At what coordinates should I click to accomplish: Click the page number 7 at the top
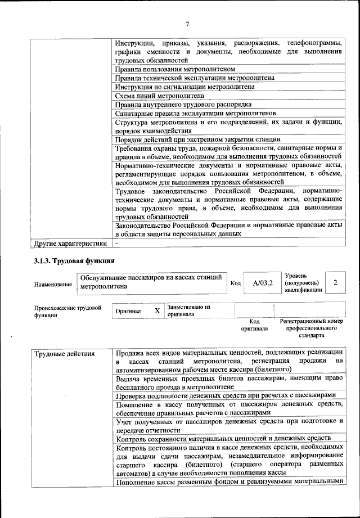[187, 23]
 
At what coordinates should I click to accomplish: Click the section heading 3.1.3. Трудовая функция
[74, 261]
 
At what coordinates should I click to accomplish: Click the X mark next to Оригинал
[157, 310]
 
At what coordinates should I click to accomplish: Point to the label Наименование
[53, 285]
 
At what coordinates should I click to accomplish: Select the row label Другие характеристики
[70, 244]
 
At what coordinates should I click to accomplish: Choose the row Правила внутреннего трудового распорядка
[183, 105]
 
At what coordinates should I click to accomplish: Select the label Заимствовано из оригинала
[188, 310]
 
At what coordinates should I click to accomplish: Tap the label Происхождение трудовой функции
[67, 311]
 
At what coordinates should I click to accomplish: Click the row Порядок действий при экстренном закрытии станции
[198, 139]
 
